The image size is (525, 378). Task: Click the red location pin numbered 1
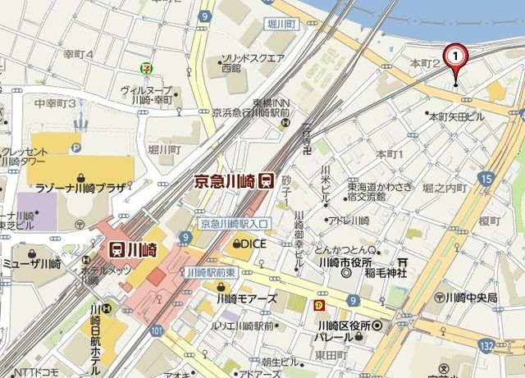455,57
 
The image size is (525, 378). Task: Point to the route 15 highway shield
486,178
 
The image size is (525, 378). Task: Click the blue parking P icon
76,148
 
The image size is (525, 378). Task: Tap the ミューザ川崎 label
31,263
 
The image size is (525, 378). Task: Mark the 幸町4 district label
79,54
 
